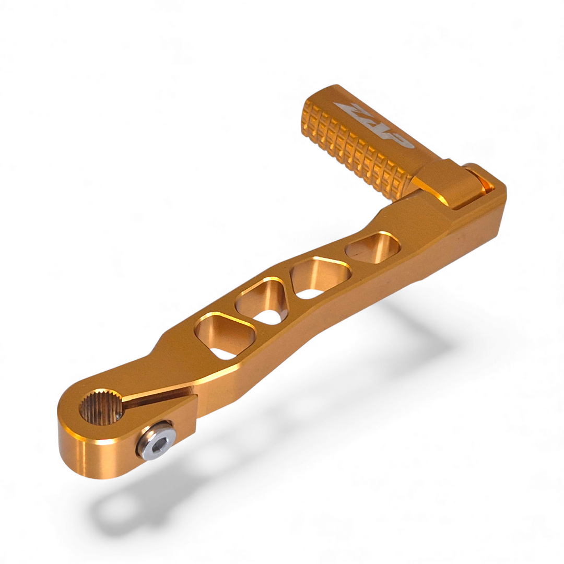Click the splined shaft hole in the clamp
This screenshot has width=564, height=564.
pos(100,407)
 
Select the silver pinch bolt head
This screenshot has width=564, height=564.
pos(156,441)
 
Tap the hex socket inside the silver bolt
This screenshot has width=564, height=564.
pos(157,442)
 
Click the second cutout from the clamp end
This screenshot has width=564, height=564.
pos(264,300)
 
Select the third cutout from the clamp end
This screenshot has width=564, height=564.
pos(319,276)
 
